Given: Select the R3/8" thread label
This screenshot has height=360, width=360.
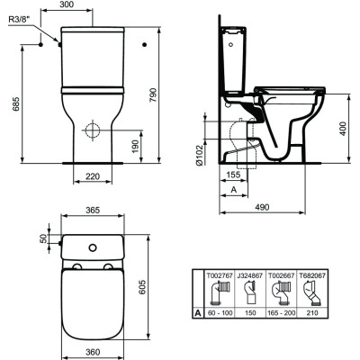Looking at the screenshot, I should [19, 28].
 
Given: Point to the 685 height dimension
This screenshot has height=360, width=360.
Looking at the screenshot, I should [13, 103].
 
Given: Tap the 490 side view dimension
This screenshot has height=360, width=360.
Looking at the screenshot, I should [261, 207].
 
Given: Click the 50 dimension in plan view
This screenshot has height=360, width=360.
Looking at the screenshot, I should [40, 239].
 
